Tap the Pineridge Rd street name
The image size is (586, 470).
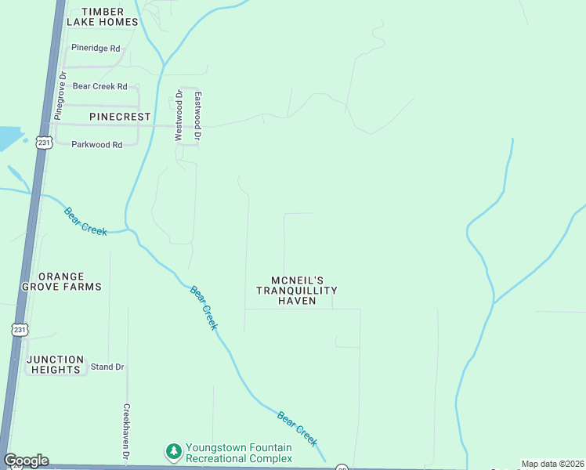click(96, 48)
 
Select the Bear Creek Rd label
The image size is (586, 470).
click(99, 86)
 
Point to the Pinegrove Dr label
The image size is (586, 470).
click(59, 96)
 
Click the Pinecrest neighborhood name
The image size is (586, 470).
click(120, 116)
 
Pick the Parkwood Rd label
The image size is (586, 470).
click(97, 144)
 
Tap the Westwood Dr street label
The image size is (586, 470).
click(179, 116)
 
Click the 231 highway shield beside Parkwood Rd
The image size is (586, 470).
click(44, 143)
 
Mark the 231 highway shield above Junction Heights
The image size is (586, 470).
click(20, 330)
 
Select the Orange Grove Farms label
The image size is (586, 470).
click(70, 282)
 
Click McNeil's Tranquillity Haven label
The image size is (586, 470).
click(297, 290)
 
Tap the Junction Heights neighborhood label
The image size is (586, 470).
click(54, 364)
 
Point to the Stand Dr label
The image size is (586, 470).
click(108, 367)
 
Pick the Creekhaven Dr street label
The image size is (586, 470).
click(126, 432)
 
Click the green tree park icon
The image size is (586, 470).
click(173, 452)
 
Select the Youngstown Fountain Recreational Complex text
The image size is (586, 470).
click(238, 453)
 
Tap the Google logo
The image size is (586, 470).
click(26, 461)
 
